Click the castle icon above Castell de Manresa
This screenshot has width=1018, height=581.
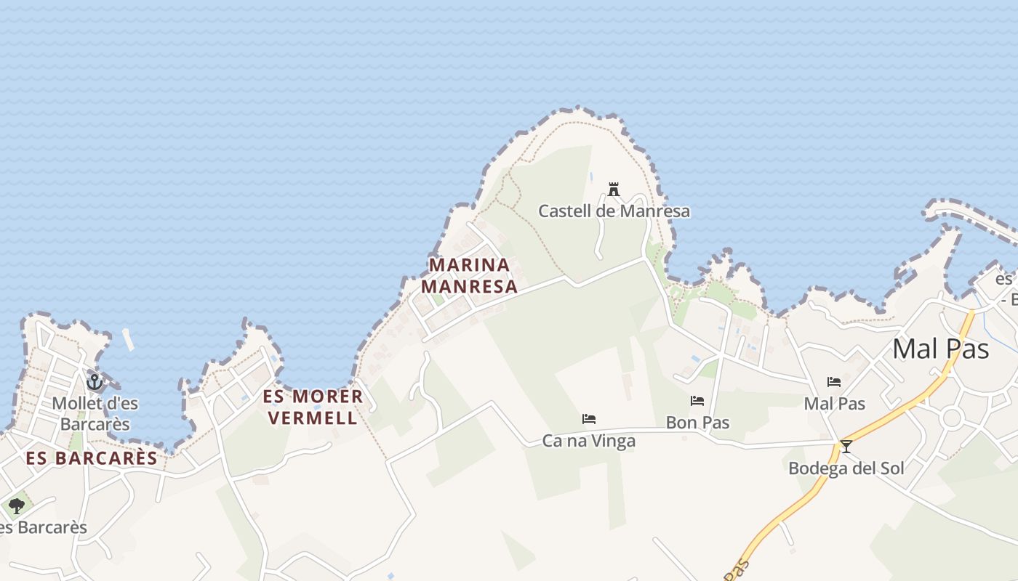click(614, 190)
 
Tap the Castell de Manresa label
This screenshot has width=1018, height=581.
click(614, 211)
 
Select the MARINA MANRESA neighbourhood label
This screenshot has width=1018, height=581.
click(469, 275)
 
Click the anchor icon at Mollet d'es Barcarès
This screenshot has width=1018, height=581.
click(94, 381)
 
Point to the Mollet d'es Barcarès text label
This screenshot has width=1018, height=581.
click(95, 413)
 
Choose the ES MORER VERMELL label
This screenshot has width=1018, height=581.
click(313, 407)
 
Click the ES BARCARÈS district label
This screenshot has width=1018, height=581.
click(92, 458)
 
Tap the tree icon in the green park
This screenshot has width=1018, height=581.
click(17, 505)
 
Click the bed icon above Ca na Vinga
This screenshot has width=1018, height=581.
click(589, 419)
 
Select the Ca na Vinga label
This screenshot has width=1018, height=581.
click(589, 441)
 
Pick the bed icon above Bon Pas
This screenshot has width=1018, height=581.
click(697, 401)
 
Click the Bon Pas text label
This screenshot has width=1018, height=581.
click(697, 423)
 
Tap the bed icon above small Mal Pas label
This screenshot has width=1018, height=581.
click(834, 382)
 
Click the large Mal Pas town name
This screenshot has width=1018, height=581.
click(940, 349)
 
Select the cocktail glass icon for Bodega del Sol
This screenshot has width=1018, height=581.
click(846, 446)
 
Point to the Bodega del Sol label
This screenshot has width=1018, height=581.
click(846, 468)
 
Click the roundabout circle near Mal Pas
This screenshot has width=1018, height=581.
click(951, 418)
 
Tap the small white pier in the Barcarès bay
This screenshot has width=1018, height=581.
click(129, 340)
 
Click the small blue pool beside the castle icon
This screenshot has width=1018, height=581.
click(591, 176)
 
